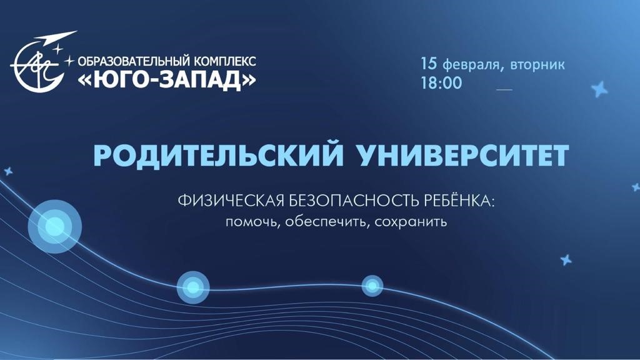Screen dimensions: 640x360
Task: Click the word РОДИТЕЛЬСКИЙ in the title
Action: pos(218,156)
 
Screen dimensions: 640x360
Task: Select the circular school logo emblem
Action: pos(39,65)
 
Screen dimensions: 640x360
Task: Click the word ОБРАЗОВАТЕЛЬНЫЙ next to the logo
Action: pos(134,61)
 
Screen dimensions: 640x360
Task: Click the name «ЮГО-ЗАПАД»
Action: pos(166,81)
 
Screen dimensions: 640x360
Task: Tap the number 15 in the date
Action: pos(429,63)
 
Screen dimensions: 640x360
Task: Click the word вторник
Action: pos(537,64)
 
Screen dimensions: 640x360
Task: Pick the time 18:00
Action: pos(442,83)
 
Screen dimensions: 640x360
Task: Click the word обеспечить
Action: pos(327,222)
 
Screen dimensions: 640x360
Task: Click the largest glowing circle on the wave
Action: pos(55,226)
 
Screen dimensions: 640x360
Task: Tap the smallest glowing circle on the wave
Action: pos(372,286)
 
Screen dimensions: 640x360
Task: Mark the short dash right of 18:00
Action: pos(504,89)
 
